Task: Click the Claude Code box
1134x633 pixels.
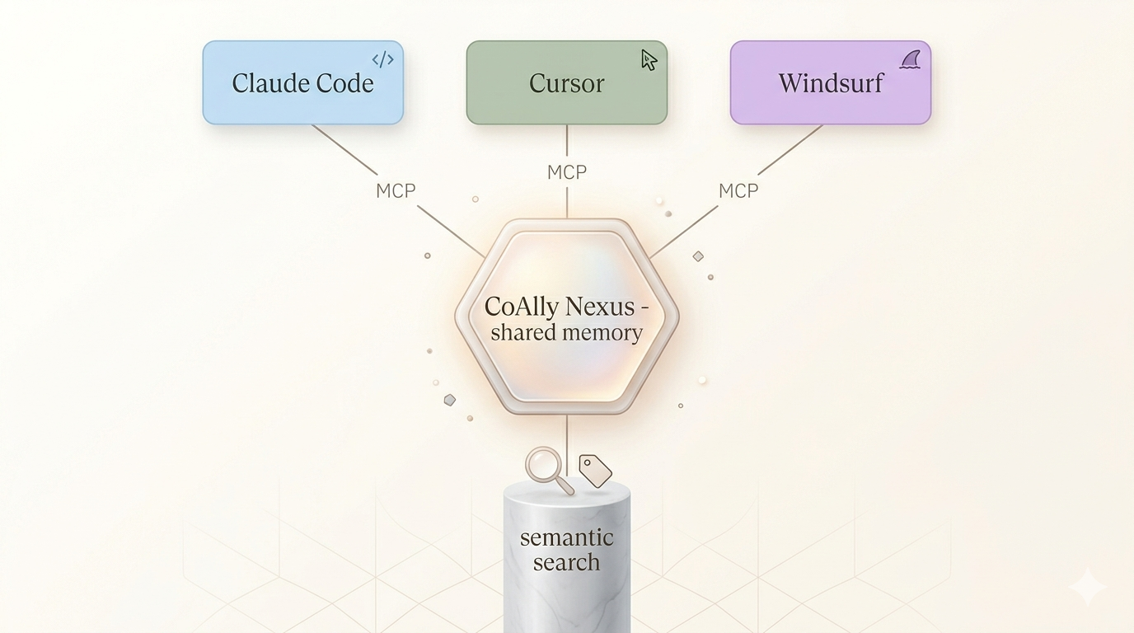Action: pyautogui.click(x=302, y=83)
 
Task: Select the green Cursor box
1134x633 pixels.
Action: pyautogui.click(x=566, y=83)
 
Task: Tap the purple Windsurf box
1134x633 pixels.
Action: pyautogui.click(x=830, y=83)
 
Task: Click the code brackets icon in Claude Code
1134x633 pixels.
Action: pyautogui.click(x=382, y=59)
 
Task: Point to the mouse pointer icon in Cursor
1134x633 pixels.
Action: pyautogui.click(x=649, y=59)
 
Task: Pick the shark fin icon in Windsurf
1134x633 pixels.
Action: pyautogui.click(x=910, y=59)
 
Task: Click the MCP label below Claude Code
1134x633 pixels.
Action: pyautogui.click(x=396, y=190)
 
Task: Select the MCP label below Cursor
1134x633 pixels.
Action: pyautogui.click(x=567, y=172)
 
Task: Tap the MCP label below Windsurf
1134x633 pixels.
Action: pyautogui.click(x=738, y=190)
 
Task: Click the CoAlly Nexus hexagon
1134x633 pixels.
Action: pyautogui.click(x=567, y=363)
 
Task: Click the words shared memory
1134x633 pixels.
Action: pyautogui.click(x=566, y=333)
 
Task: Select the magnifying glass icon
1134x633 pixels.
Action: pyautogui.click(x=546, y=467)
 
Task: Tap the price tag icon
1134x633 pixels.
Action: pyautogui.click(x=595, y=471)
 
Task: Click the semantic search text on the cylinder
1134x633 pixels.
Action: pyautogui.click(x=567, y=550)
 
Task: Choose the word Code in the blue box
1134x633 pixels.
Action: pyautogui.click(x=344, y=83)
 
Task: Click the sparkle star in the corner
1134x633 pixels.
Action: pyautogui.click(x=1086, y=587)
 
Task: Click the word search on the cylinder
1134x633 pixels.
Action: pyautogui.click(x=567, y=563)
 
